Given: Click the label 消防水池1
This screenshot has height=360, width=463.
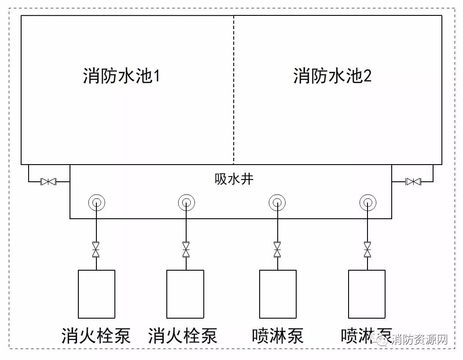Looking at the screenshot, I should (x=121, y=76).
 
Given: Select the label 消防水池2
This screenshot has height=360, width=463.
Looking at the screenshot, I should (x=332, y=76).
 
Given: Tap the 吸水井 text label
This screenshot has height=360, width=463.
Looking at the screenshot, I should (x=234, y=179).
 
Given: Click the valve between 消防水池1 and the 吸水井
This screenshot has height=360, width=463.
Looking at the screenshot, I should (x=48, y=181).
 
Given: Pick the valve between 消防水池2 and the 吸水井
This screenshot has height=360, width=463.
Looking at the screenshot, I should (x=413, y=181).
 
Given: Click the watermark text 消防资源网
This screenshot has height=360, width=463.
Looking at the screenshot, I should (x=419, y=339).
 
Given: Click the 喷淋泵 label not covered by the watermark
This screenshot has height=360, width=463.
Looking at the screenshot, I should (x=278, y=336).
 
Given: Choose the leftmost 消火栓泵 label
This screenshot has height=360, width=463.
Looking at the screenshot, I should (x=96, y=336).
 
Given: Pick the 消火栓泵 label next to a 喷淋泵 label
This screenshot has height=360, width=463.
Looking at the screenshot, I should (x=183, y=336).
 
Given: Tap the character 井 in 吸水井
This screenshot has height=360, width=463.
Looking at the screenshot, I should (x=247, y=179).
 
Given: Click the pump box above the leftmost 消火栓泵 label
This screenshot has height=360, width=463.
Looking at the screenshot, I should (x=96, y=294).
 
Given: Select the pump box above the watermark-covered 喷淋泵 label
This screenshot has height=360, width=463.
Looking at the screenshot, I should (x=367, y=294).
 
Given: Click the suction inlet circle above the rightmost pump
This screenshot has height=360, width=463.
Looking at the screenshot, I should (x=367, y=202).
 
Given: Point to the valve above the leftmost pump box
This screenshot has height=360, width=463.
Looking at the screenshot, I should (x=96, y=250).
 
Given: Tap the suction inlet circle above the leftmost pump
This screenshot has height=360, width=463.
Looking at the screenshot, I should (x=96, y=202).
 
